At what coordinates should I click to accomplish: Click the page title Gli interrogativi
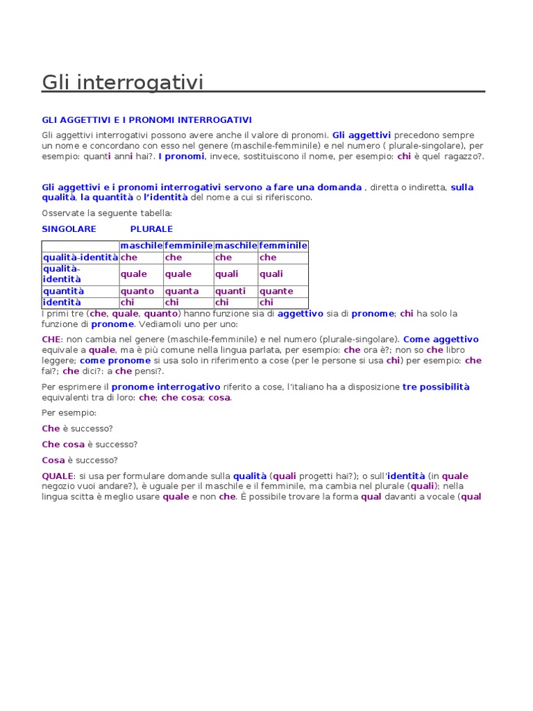point(123,83)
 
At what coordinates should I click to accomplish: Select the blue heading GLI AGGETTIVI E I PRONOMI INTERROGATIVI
point(146,120)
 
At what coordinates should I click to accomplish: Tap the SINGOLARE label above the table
point(69,228)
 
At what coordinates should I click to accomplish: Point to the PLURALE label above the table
point(151,228)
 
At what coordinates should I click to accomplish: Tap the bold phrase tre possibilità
point(436,387)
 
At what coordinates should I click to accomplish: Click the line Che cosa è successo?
point(90,444)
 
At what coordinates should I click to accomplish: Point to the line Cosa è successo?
point(79,460)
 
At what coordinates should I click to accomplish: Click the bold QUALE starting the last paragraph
point(58,476)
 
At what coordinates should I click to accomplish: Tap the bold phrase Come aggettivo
point(441,340)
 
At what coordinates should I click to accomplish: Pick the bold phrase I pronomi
point(181,156)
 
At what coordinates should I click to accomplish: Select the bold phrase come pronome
point(115,360)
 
